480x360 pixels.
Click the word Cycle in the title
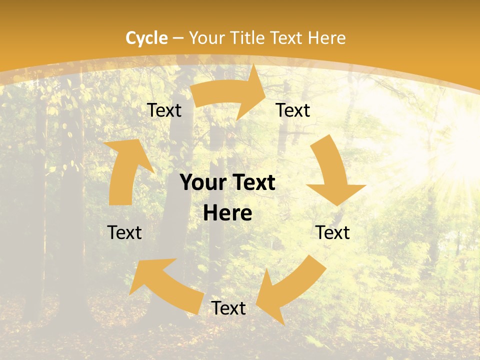point(146,37)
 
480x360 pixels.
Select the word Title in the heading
point(247,37)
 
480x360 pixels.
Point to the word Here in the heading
point(326,37)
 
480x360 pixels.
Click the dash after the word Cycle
point(178,38)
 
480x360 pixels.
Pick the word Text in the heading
point(288,37)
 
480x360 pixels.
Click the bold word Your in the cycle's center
point(202,183)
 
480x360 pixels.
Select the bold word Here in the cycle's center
point(227,213)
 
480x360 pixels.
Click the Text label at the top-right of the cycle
point(293,110)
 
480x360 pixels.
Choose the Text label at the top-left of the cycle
point(164,110)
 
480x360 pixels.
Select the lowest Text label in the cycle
point(228,308)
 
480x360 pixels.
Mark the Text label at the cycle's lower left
point(125,232)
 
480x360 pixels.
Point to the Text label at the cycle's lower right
point(333,232)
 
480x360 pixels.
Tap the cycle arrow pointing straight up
point(125,170)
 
